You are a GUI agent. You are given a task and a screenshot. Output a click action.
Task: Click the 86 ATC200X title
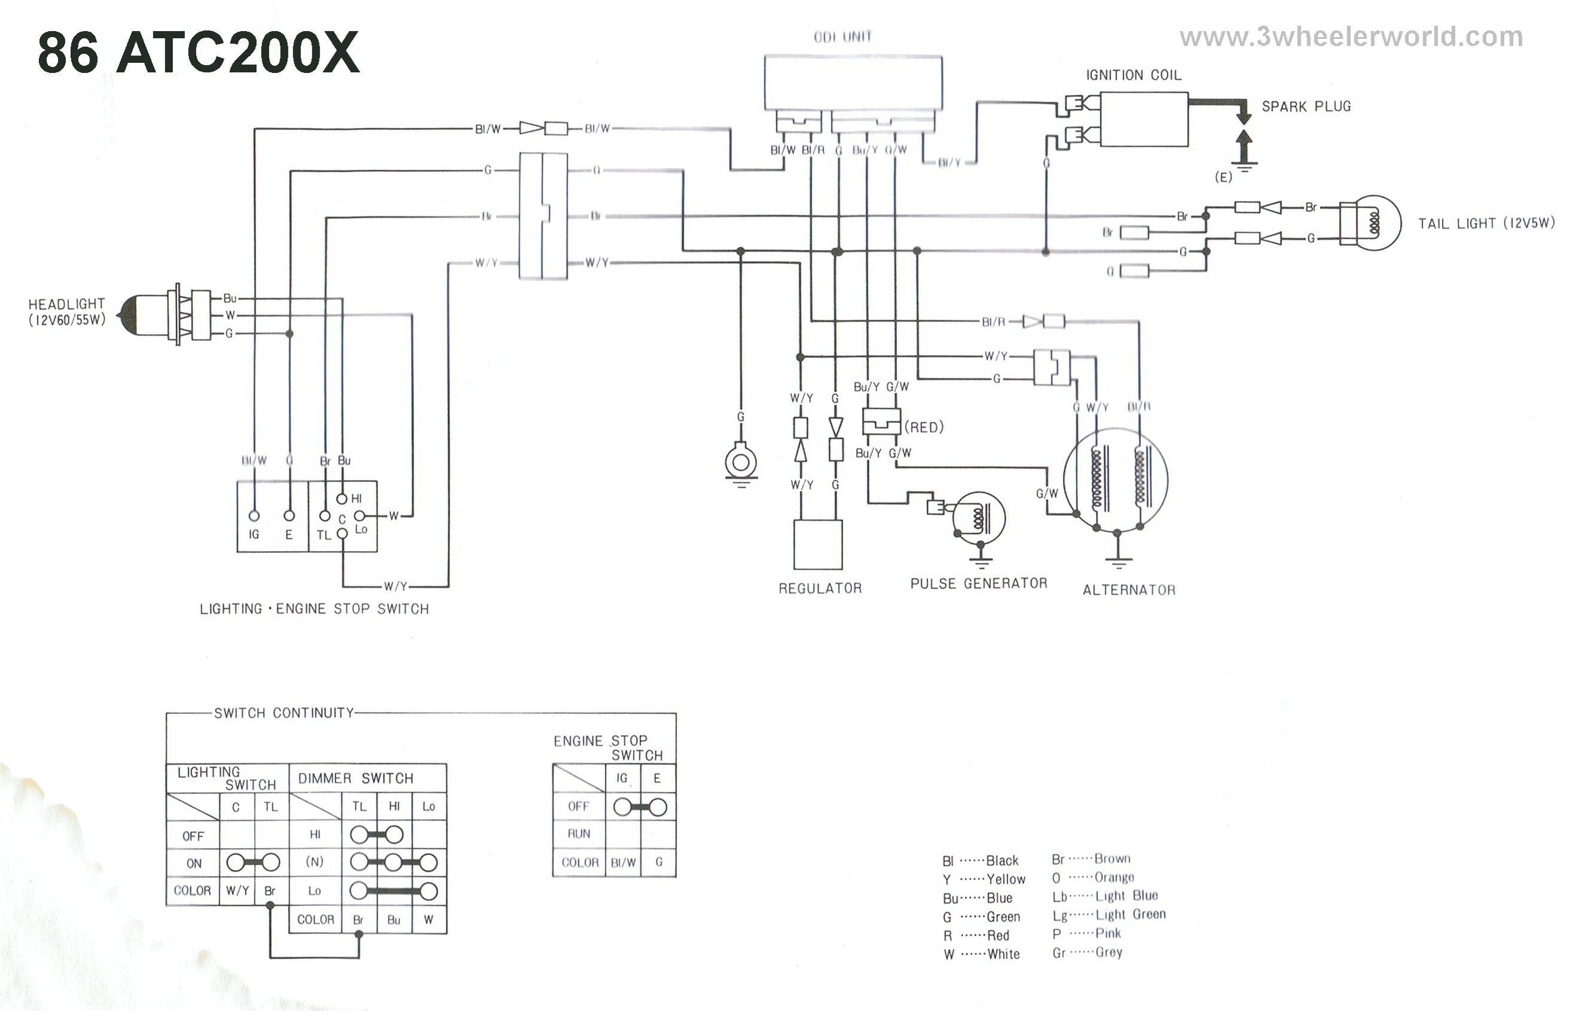pos(199,53)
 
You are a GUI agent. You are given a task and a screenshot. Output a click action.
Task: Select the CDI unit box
pos(853,83)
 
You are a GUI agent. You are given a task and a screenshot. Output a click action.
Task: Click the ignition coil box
pos(1143,120)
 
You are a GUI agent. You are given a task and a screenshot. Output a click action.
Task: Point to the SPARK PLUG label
pos(1306,106)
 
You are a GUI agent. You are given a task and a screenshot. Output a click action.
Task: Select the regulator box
pos(818,544)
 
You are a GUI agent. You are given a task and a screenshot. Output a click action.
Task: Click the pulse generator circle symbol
pos(978,518)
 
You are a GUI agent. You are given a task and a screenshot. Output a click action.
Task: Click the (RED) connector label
pos(924,428)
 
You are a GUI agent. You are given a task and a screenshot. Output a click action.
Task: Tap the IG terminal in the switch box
pos(254,516)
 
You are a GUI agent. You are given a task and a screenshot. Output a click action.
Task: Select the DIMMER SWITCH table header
pos(355,778)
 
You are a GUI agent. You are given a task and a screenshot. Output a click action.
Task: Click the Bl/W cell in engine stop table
pos(623,863)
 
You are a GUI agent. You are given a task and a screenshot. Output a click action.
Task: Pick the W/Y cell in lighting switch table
pos(237,891)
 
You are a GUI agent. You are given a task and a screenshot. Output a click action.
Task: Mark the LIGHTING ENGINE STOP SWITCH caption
pos(314,609)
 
